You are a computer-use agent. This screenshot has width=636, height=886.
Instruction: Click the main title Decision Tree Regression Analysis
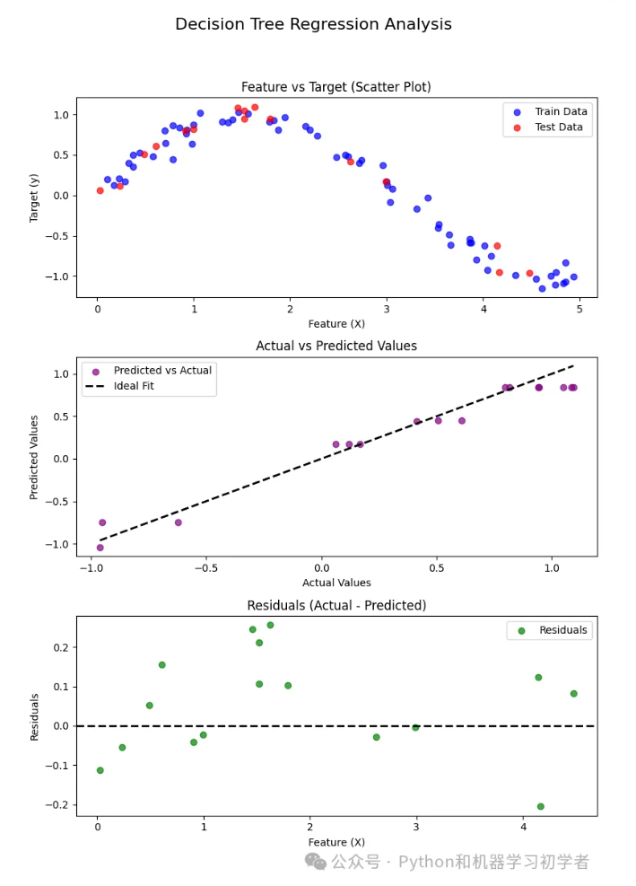tap(313, 24)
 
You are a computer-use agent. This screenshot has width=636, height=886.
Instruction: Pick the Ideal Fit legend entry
tap(144, 387)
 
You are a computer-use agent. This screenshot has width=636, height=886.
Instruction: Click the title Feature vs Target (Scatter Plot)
tap(335, 87)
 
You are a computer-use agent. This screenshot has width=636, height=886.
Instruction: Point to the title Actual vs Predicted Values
tap(336, 346)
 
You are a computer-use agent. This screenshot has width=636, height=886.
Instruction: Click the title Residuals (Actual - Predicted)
tap(336, 606)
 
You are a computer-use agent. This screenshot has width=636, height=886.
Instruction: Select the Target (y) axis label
tap(34, 197)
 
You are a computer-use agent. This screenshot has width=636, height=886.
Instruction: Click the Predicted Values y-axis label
tap(34, 457)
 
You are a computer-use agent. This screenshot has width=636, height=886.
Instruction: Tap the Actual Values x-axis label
tap(336, 583)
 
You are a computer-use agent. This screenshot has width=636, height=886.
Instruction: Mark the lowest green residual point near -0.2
tap(540, 806)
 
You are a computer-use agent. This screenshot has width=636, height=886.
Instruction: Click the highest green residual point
tap(270, 625)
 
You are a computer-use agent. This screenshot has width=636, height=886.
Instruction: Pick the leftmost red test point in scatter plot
tap(100, 190)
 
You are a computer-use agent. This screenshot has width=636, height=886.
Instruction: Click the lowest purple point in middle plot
tap(100, 548)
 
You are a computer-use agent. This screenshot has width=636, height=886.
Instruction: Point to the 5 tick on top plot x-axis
tap(579, 309)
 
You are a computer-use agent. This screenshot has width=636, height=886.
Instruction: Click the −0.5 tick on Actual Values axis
tap(205, 568)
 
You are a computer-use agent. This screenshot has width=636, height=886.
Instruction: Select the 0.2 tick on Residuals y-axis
tap(62, 647)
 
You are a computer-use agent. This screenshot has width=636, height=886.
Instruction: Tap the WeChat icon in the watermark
tap(316, 861)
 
